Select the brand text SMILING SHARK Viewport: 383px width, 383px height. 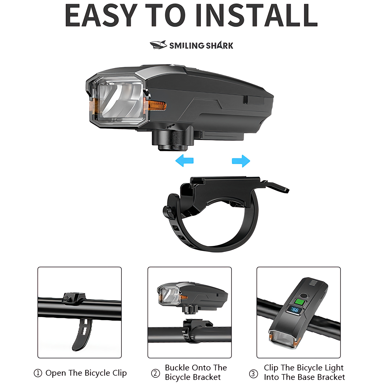(x=201, y=46)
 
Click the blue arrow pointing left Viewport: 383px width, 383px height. (x=184, y=161)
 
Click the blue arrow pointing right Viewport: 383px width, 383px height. (x=241, y=161)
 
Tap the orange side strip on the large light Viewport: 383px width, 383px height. (x=157, y=105)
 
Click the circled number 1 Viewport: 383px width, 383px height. (x=38, y=373)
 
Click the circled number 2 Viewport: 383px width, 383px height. (x=156, y=373)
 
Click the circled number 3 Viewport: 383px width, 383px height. (x=253, y=374)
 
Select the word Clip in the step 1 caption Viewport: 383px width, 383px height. (x=119, y=373)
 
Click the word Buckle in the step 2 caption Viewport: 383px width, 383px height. (x=178, y=368)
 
